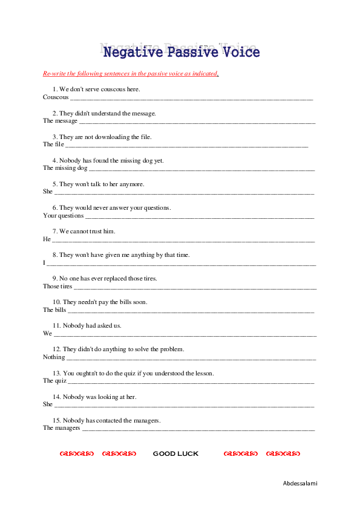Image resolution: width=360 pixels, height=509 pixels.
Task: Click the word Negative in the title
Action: coord(129,53)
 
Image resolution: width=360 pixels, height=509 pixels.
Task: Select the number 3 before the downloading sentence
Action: coord(54,137)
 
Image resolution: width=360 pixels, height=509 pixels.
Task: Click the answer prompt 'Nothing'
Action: coord(54,357)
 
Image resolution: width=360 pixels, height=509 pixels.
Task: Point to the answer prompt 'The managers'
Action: coord(62,428)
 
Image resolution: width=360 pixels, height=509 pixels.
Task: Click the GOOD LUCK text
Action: coord(175,454)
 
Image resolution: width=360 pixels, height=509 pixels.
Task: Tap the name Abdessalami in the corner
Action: coord(300,484)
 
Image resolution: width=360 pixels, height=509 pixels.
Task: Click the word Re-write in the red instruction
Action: coord(54,74)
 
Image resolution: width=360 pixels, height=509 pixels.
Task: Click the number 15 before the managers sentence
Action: coord(56,421)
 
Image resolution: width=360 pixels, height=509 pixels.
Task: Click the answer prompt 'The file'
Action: coord(53,144)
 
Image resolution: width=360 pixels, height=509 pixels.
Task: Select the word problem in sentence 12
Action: coord(172,349)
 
